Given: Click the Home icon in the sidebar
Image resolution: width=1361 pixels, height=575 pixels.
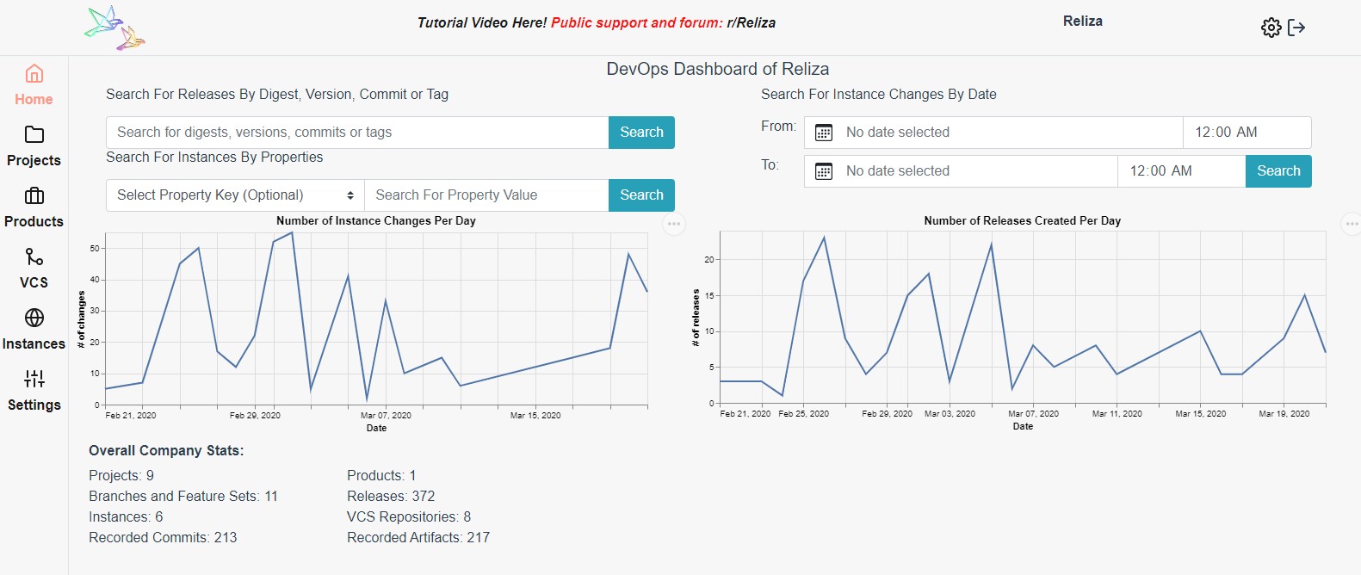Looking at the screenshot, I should pos(34,74).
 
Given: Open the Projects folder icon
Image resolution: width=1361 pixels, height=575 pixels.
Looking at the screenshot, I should pos(34,134).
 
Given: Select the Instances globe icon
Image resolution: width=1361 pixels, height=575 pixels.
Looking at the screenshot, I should pos(34,318).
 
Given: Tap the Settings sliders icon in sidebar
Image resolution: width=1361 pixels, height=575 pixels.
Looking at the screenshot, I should pos(34,379).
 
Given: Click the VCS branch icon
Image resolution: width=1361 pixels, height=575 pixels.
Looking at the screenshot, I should pos(34,257).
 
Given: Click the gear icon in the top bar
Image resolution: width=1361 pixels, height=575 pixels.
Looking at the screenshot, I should pos(1271,28).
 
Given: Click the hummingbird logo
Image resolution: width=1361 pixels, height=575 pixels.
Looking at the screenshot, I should pos(115,28).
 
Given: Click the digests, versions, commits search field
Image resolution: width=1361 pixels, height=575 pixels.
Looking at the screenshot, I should pos(357,133).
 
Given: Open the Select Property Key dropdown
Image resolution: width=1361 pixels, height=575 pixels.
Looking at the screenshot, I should pos(235,195).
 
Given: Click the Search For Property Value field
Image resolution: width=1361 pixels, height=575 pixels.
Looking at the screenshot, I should pos(486,195).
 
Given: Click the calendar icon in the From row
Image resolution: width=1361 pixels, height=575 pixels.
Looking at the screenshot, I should pos(824,133).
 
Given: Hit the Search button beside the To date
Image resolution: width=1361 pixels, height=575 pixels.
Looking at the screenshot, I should pos(1278,171).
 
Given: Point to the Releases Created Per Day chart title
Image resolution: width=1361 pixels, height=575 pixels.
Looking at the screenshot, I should pos(1022,221).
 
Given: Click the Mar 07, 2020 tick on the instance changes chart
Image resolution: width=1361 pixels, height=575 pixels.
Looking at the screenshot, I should pos(386,415).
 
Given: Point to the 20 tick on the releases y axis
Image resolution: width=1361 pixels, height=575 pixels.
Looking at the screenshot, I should pos(709,259).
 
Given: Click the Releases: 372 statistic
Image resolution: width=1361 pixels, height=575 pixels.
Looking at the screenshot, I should pos(391,497).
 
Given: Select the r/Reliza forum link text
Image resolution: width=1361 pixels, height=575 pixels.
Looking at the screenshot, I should pos(751,23).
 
